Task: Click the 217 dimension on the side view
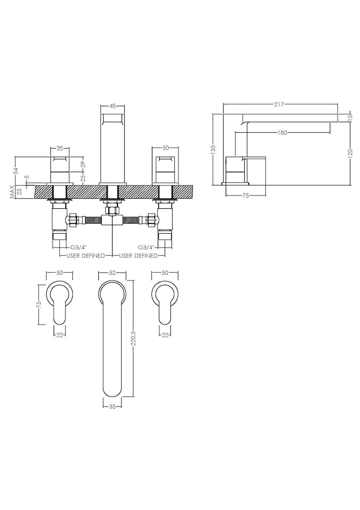[279, 105]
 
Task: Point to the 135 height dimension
[213, 150]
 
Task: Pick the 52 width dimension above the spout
[112, 273]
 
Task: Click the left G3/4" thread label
[79, 248]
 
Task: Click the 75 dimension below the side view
[245, 196]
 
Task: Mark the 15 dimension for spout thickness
[349, 117]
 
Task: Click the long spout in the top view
[112, 340]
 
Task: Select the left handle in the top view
[58, 303]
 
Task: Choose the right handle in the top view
[165, 303]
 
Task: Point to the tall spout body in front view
[113, 149]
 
